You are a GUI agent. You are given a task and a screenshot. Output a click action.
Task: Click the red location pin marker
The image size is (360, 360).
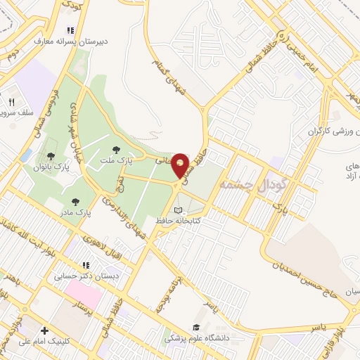pyautogui.click(x=181, y=165)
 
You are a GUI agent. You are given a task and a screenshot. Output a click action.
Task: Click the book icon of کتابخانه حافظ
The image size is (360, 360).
pyautogui.click(x=178, y=210)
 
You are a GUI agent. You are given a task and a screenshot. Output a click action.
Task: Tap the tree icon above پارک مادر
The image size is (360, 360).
pyautogui.click(x=75, y=202)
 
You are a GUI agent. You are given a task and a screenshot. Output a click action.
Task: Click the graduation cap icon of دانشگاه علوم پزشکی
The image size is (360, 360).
pyautogui.click(x=196, y=328)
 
